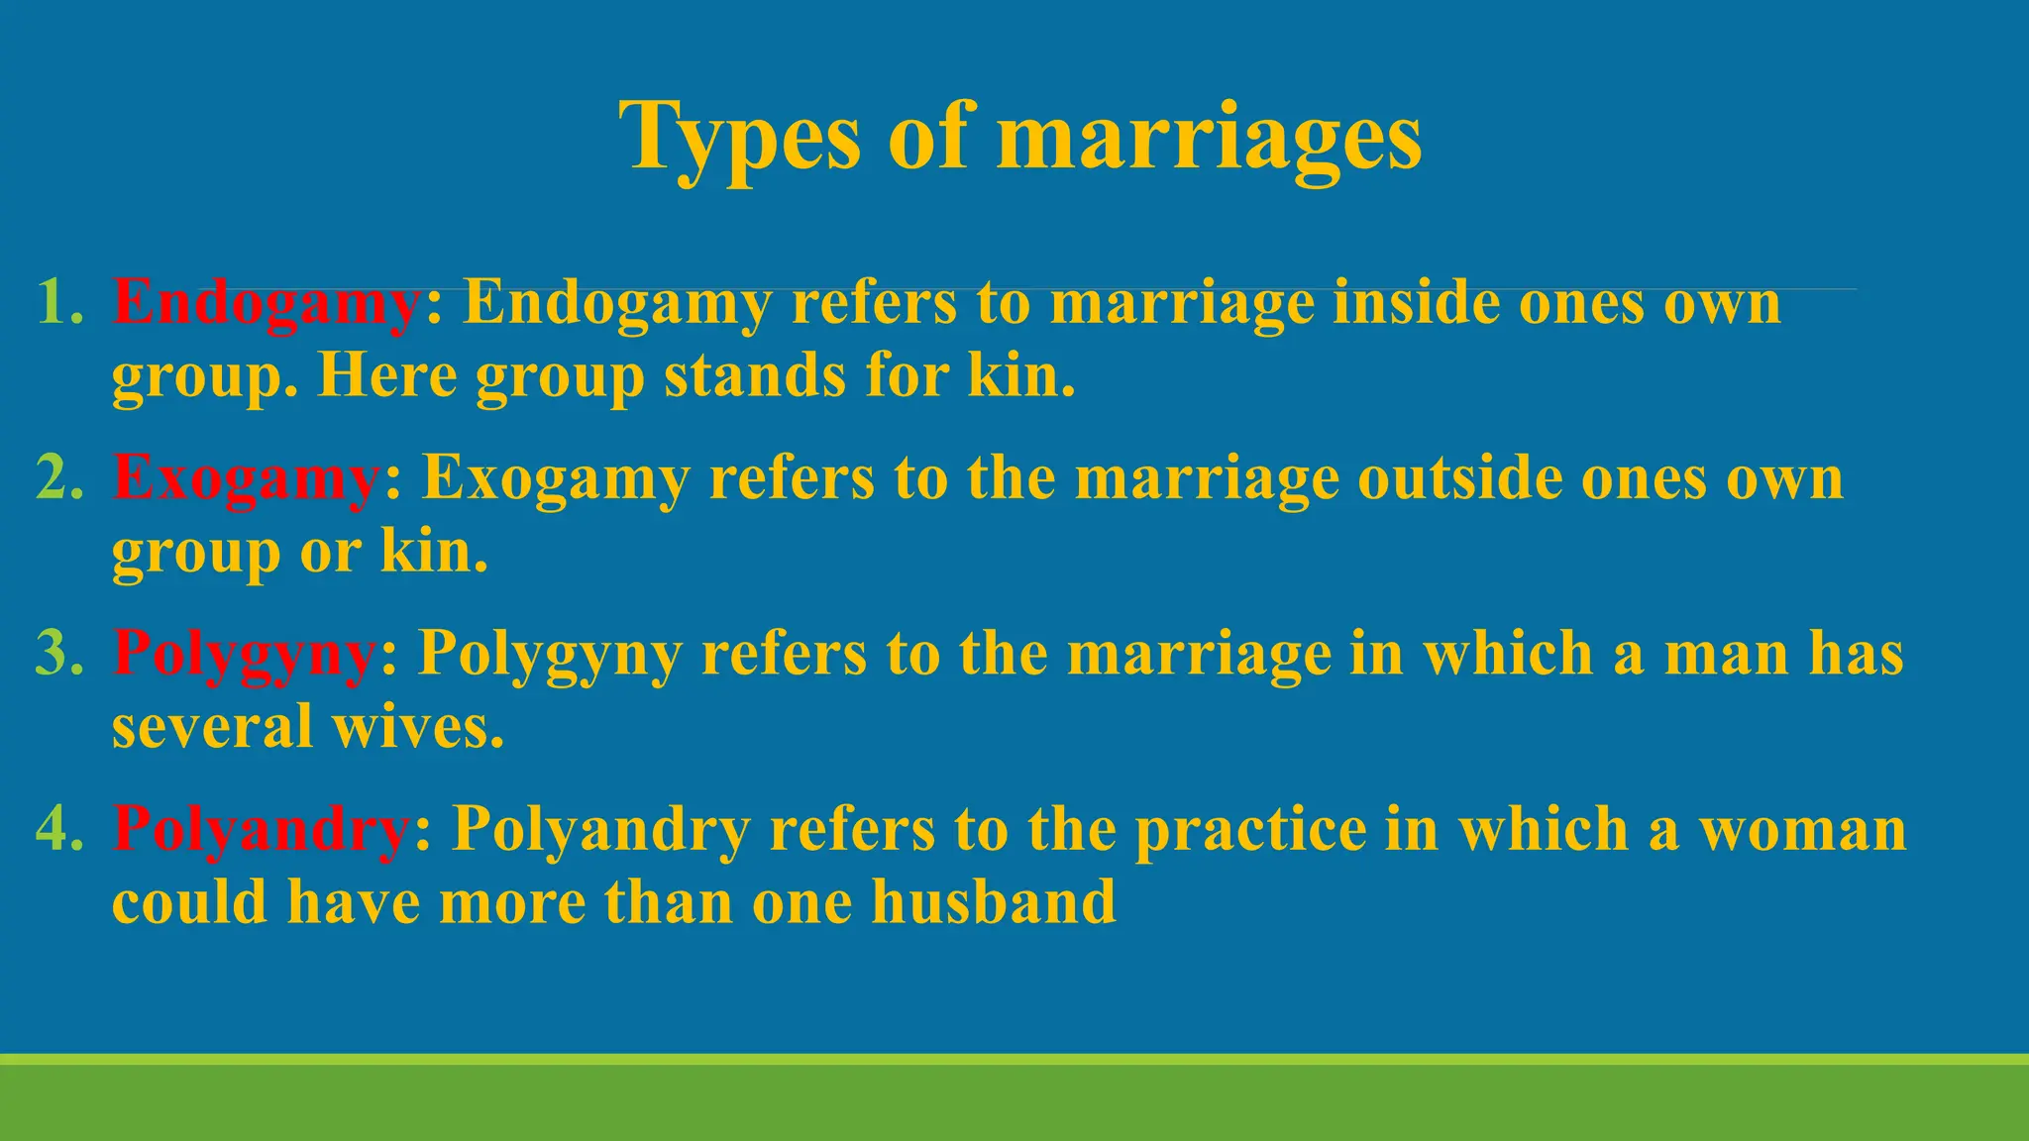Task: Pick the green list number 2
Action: tap(58, 477)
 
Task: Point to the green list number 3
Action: tap(58, 653)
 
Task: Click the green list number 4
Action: tap(58, 828)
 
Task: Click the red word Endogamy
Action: tap(267, 303)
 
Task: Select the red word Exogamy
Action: tap(247, 479)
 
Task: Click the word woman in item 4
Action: tap(1803, 828)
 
